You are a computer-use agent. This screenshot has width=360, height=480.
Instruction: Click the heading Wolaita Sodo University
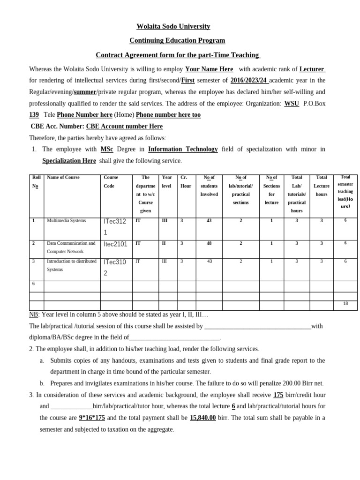[173, 26]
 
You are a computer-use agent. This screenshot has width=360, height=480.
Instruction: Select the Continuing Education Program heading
[177, 41]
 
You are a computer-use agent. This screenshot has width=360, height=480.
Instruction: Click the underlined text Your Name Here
[209, 69]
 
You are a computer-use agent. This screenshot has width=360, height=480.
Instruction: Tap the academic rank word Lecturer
[312, 69]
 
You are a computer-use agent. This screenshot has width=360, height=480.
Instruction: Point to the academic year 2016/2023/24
[249, 80]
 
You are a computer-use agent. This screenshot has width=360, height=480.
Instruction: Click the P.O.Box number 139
[34, 115]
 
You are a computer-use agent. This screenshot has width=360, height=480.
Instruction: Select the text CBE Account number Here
[124, 127]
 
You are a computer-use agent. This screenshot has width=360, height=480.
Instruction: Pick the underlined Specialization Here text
[69, 161]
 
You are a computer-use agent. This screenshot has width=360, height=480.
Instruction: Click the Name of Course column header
[63, 178]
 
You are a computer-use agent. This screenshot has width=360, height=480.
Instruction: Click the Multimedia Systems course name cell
[66, 220]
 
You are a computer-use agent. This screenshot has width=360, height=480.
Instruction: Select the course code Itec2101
[115, 244]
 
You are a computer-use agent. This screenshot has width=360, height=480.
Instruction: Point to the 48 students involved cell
[209, 244]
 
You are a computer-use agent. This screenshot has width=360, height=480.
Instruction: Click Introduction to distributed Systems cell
[71, 265]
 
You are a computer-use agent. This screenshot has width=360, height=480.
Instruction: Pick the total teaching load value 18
[345, 304]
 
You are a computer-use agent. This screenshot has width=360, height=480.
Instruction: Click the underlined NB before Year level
[33, 315]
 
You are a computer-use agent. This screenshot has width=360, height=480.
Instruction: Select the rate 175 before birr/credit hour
[278, 395]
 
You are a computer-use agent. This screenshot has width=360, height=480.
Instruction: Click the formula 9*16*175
[92, 418]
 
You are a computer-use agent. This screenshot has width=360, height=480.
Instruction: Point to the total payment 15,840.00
[202, 418]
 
